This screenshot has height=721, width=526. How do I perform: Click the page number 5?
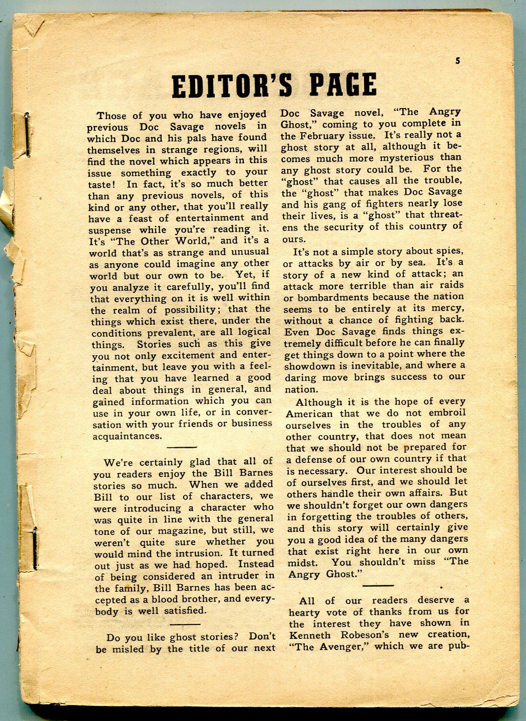click(x=457, y=62)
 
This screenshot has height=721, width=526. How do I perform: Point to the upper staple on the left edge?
click(x=27, y=134)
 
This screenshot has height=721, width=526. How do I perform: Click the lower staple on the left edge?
click(x=35, y=549)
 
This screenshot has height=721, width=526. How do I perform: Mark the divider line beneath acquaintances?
click(x=181, y=447)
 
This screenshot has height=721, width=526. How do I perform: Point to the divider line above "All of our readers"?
click(x=378, y=585)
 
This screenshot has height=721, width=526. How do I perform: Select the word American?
click(x=309, y=414)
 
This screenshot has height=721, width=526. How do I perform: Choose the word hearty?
click(x=306, y=612)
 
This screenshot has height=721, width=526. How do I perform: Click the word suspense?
click(x=110, y=231)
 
